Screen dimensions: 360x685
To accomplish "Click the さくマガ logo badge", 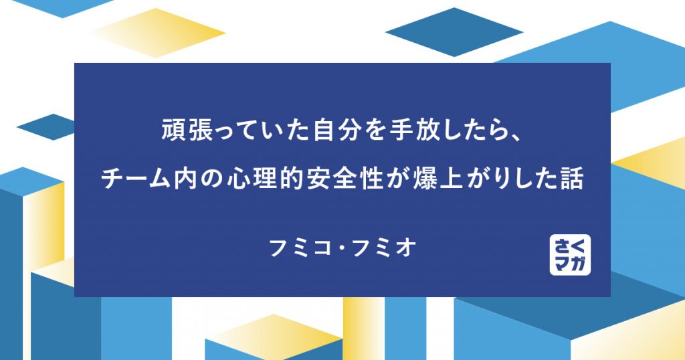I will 570,254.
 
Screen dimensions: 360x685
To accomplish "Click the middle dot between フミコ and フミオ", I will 342,248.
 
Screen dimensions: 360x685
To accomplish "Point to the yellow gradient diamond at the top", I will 157,32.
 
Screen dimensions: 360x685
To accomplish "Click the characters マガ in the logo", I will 570,264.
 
